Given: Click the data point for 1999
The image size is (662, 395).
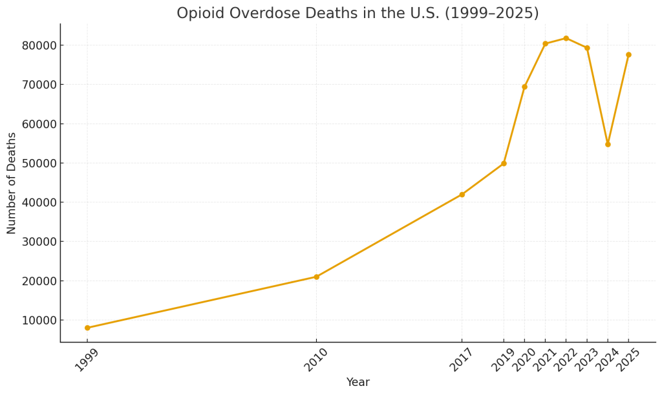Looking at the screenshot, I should tap(87, 328).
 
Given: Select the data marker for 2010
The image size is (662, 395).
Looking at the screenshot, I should tap(316, 277).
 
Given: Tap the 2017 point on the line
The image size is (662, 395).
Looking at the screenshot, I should tap(462, 195).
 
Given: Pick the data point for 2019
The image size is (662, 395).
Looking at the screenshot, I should tap(504, 164).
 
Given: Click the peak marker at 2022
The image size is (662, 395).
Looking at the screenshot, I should tap(566, 38).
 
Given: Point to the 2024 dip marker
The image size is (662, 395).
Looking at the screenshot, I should tap(608, 144).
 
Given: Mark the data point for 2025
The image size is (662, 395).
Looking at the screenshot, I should tap(628, 55).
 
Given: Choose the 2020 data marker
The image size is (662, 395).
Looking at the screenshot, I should tap(524, 87).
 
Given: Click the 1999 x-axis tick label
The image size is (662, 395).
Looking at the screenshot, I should tap(87, 359).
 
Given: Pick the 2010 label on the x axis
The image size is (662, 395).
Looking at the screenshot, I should tap(316, 359).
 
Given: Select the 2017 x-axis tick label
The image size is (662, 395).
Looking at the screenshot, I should tap(462, 359).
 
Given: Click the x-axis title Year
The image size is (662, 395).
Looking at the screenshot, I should tap(358, 382).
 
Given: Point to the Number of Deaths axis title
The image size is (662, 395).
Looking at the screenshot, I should tap(12, 183).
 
